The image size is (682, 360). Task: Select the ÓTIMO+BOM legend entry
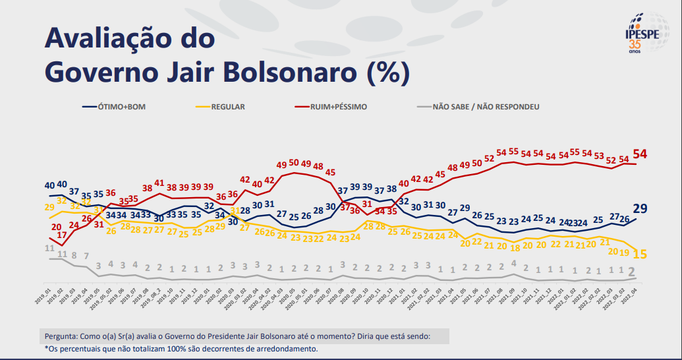pyautogui.click(x=119, y=106)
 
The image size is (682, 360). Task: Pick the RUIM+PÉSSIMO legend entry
pyautogui.click(x=332, y=106)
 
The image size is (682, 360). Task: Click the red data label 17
pyautogui.click(x=62, y=235)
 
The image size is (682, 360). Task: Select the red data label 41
pyautogui.click(x=159, y=183)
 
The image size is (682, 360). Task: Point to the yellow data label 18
pyautogui.click(x=515, y=249)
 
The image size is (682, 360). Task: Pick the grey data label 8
pyautogui.click(x=74, y=256)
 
